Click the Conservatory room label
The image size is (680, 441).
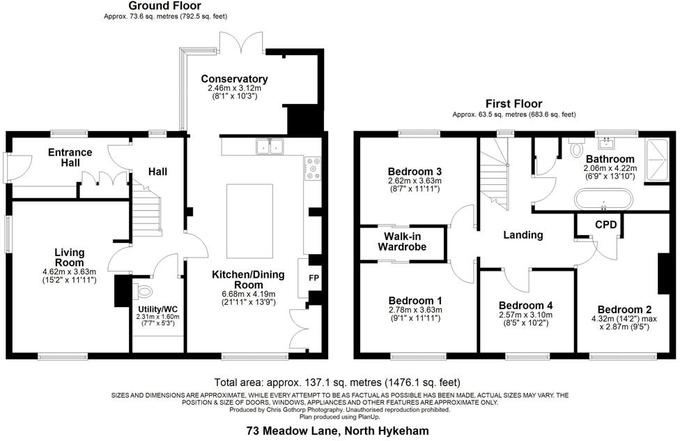(234, 79)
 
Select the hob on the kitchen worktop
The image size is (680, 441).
(312, 167)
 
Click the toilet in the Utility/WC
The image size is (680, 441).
(144, 291)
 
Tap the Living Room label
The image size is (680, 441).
(69, 257)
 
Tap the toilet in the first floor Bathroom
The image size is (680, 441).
(575, 149)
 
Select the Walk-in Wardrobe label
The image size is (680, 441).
(402, 241)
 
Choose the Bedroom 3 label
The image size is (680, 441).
(415, 172)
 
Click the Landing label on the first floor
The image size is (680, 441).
(523, 235)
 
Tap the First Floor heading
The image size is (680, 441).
(513, 103)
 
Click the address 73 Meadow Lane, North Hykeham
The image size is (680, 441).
(338, 431)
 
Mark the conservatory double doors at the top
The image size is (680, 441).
(241, 47)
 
